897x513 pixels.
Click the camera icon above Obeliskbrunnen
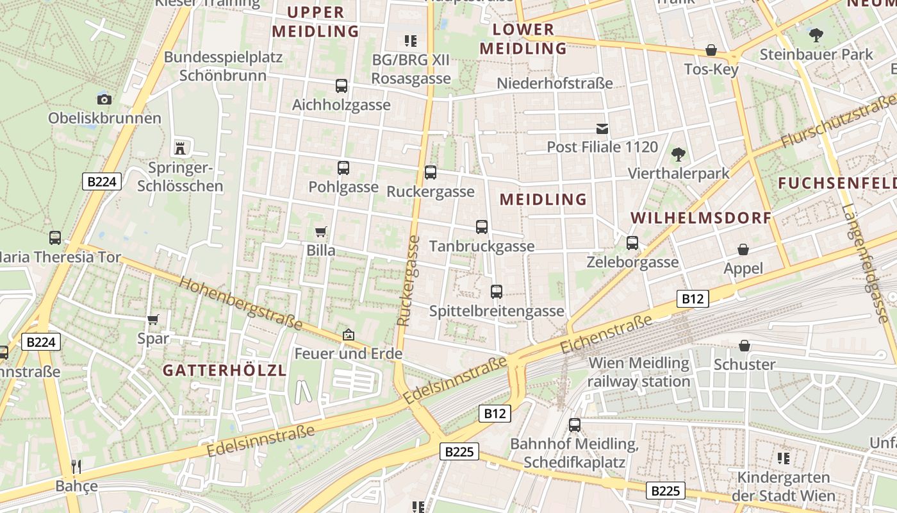[x=104, y=99]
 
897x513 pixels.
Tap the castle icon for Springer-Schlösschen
[x=180, y=148]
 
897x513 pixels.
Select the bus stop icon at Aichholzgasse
[x=342, y=85]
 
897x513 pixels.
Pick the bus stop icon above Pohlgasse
[x=343, y=168]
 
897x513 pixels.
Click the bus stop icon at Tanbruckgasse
[x=482, y=227]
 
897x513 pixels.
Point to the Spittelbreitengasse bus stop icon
[x=497, y=292]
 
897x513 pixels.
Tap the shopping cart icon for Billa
[x=320, y=231]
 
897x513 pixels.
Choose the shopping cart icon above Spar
[x=153, y=319]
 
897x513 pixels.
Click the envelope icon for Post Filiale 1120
[x=602, y=129]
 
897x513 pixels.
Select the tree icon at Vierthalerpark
[x=678, y=155]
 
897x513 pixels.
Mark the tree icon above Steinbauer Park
[x=816, y=35]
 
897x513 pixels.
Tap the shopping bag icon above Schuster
[x=745, y=346]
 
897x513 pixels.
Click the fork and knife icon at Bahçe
[x=76, y=466]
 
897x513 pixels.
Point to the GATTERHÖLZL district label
[x=224, y=370]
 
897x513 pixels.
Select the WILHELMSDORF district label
[x=701, y=218]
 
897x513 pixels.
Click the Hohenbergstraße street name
[x=240, y=303]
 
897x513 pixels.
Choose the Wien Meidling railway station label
[x=639, y=372]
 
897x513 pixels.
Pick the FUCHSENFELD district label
[x=837, y=183]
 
